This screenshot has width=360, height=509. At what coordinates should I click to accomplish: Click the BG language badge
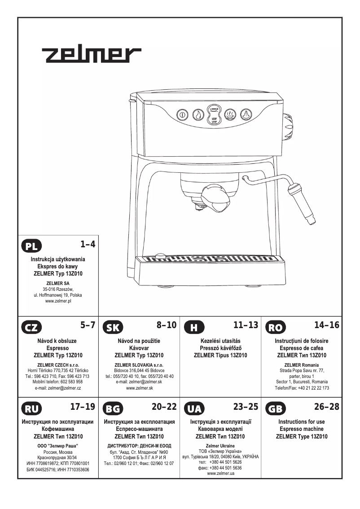pyautogui.click(x=113, y=408)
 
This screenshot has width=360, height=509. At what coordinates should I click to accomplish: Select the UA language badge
pyautogui.click(x=194, y=408)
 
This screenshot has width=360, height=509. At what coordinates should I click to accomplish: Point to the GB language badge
pyautogui.click(x=275, y=408)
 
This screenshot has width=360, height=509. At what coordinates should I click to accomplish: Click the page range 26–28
pyautogui.click(x=326, y=407)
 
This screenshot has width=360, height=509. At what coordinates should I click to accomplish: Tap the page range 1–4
pyautogui.click(x=88, y=244)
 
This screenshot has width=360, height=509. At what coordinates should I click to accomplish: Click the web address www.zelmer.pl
pyautogui.click(x=58, y=301)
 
